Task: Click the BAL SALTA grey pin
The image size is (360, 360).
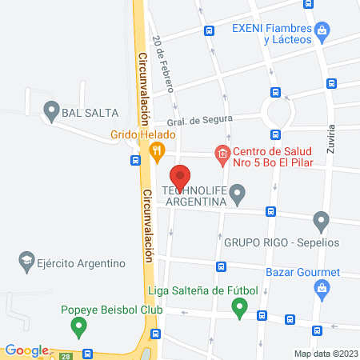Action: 51,112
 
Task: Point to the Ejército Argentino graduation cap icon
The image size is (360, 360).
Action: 26,262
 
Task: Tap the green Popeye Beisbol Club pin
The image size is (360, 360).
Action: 78,326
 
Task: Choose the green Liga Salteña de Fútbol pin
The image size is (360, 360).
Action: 238,306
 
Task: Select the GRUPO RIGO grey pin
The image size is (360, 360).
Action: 321,220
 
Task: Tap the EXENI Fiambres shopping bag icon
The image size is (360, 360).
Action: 322,31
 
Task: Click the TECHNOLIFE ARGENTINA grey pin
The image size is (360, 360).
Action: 237,193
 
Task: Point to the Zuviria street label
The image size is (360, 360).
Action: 331,140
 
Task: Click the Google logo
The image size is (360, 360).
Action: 26,350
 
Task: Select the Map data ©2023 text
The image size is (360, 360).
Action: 325,353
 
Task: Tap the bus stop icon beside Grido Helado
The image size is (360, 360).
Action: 135,159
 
